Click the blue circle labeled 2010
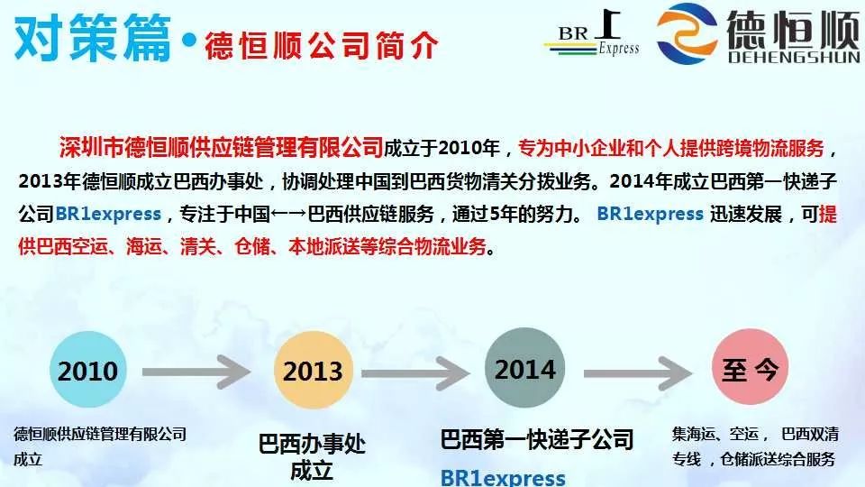click(x=88, y=370)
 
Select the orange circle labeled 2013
click(x=313, y=370)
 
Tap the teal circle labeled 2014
click(x=524, y=368)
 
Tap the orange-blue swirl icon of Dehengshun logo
click(x=687, y=34)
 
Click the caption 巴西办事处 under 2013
click(x=312, y=445)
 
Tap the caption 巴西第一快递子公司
click(x=537, y=440)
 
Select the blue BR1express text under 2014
click(x=503, y=477)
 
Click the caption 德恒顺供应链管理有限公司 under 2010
click(x=100, y=435)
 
